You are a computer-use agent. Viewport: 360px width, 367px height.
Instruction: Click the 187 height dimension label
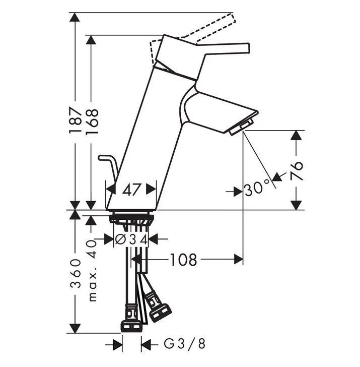76,120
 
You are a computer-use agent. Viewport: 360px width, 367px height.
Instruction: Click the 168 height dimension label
92,121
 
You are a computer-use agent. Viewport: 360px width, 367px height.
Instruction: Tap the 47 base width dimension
131,189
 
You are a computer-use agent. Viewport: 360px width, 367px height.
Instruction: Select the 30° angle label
257,189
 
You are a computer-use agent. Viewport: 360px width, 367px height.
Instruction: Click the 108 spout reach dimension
183,260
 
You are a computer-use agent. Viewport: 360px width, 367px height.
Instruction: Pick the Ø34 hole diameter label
131,239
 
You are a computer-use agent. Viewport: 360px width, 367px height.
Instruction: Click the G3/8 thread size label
185,344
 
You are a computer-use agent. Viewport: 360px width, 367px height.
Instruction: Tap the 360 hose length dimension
76,273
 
